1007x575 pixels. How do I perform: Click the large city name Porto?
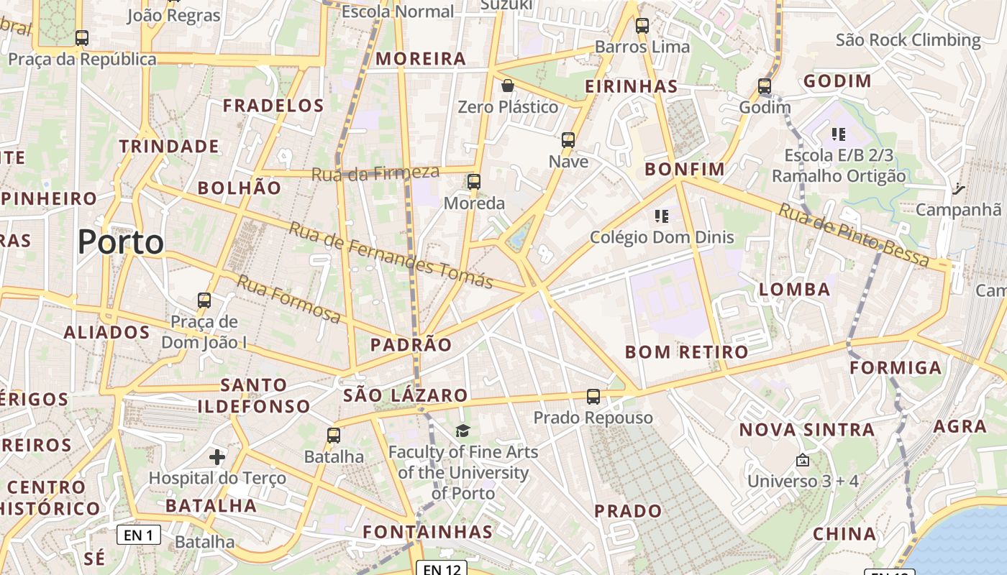tap(120, 242)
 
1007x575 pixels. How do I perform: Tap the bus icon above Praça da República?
tap(82, 38)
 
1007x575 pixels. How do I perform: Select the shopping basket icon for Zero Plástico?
tap(508, 86)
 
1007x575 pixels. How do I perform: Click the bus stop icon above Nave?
tap(568, 140)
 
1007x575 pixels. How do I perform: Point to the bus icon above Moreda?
tap(473, 182)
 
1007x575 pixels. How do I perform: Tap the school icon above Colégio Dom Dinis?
tap(662, 216)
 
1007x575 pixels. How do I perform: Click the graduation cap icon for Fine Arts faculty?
tap(463, 431)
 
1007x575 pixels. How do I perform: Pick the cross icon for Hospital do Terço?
tap(217, 456)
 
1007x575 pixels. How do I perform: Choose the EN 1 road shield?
tap(139, 535)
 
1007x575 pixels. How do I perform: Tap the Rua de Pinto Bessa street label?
tap(855, 236)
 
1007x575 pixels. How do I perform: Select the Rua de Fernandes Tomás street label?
tap(391, 255)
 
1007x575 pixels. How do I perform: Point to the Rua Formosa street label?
tap(288, 298)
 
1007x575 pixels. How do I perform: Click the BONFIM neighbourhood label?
tap(684, 170)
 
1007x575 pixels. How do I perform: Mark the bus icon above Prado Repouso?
tap(593, 396)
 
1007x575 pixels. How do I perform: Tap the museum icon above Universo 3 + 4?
tap(803, 460)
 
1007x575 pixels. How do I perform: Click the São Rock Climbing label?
tap(908, 40)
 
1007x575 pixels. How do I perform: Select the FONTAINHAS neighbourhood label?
tap(427, 533)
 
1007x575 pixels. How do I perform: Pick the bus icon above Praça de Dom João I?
tap(204, 300)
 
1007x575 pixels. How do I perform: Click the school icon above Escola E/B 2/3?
tap(838, 134)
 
